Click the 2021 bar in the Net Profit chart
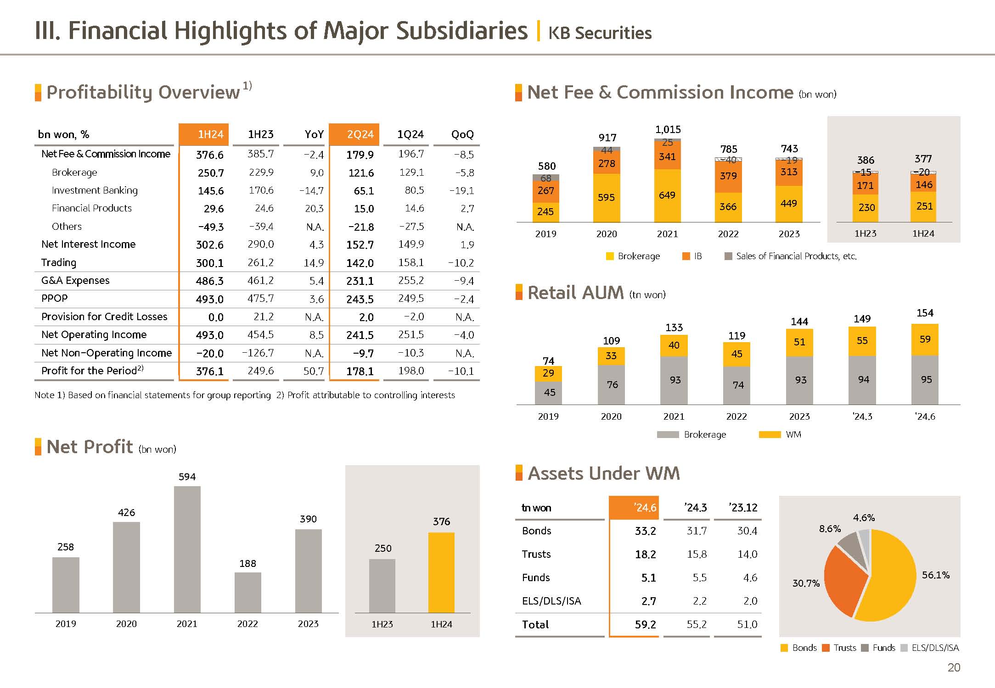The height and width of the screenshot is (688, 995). pos(187,549)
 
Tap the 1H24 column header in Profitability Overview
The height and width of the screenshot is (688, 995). pos(204,134)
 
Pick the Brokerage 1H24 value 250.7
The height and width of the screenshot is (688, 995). pos(211,173)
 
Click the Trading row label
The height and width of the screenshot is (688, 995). pos(59,262)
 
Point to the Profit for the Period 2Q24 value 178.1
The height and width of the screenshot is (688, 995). pos(360,371)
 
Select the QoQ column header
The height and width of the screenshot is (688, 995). pos(462,134)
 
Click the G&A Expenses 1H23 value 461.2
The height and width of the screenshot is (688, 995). pos(260,280)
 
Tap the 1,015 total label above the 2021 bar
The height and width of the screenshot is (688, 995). pos(668,129)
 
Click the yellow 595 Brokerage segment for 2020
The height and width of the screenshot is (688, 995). pos(607,198)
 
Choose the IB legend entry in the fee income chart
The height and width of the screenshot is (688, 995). pos(692,256)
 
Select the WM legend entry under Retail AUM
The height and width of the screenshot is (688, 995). pos(781,434)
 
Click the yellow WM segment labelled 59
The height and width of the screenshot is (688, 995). pos(925,339)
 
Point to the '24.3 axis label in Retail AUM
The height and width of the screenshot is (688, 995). pos(862,416)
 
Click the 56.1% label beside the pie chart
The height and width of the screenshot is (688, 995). pos(935,575)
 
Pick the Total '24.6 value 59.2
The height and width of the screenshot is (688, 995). pos(645,625)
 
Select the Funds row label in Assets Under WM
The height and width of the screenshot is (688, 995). pos(536,577)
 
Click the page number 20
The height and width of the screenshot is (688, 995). pos(953,667)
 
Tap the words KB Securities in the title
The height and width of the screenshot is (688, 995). pos(600,33)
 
